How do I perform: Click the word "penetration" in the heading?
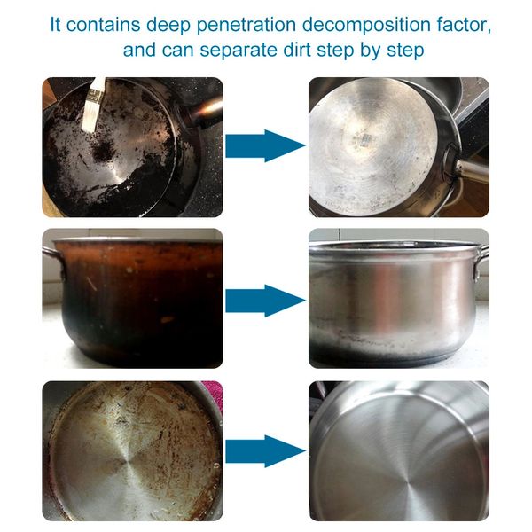point(246,25)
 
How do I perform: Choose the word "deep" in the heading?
point(168,25)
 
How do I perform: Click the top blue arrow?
point(265,146)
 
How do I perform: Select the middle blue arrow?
point(265,301)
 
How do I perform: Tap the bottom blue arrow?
point(265,451)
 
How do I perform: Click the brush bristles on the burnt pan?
point(89,118)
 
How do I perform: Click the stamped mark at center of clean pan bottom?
point(364,139)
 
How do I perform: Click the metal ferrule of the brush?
point(93,95)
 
